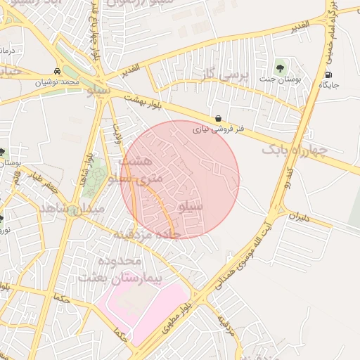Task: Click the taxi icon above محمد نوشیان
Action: [56, 72]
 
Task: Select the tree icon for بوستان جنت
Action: [281, 69]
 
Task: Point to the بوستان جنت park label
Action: [282, 80]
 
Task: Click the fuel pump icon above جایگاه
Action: [328, 75]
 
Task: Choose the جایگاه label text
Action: [329, 85]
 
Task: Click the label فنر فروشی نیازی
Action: [219, 129]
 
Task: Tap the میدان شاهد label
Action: [71, 210]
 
